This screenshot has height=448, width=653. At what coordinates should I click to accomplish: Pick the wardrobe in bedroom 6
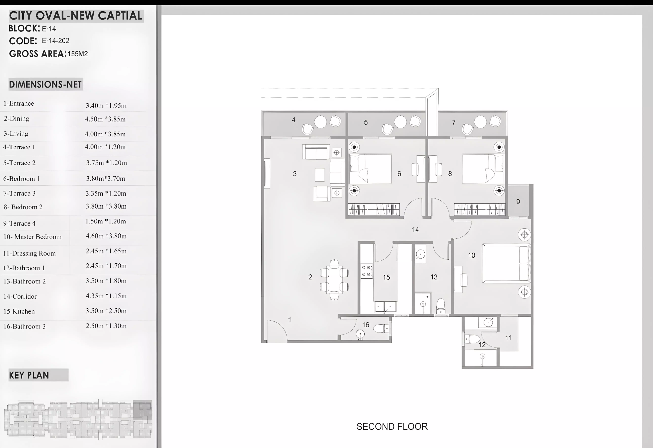374,209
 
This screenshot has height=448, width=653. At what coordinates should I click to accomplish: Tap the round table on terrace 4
320,122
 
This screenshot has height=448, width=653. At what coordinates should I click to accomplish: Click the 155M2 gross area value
78,54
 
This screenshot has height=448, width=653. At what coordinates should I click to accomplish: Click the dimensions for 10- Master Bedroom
106,236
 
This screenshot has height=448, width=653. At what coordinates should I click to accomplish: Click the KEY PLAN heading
29,375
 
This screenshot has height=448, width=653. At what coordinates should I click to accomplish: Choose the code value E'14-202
56,41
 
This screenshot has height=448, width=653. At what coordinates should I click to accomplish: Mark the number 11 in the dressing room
508,338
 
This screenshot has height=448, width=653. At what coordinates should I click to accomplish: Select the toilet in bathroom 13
441,306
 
